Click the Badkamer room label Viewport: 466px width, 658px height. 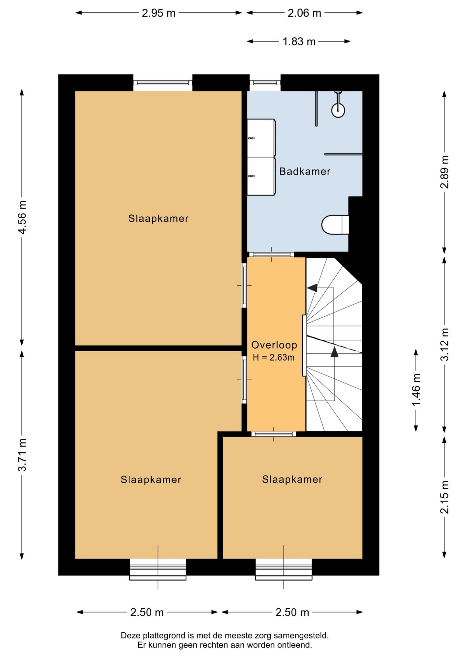(305, 171)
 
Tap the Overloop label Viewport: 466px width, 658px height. (274, 345)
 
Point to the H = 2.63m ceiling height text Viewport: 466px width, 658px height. (273, 357)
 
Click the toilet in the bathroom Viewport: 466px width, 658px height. (335, 225)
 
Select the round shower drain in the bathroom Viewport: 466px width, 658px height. (338, 110)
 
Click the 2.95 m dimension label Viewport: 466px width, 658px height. (159, 13)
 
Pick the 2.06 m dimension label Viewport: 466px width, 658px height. (304, 13)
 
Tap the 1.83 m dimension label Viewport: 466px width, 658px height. (299, 41)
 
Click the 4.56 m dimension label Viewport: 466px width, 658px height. (22, 218)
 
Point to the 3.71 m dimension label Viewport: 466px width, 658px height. (22, 455)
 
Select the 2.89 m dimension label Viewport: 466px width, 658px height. (444, 172)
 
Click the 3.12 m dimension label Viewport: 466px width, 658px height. (444, 344)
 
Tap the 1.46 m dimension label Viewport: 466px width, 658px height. (416, 390)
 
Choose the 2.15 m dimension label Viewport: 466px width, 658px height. (444, 497)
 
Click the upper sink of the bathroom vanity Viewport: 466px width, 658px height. (261, 138)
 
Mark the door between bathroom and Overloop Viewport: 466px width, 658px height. (271, 254)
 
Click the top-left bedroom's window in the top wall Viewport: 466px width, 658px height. (163, 83)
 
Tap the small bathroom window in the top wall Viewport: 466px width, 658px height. (265, 83)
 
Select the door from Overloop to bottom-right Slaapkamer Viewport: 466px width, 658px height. (273, 434)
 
